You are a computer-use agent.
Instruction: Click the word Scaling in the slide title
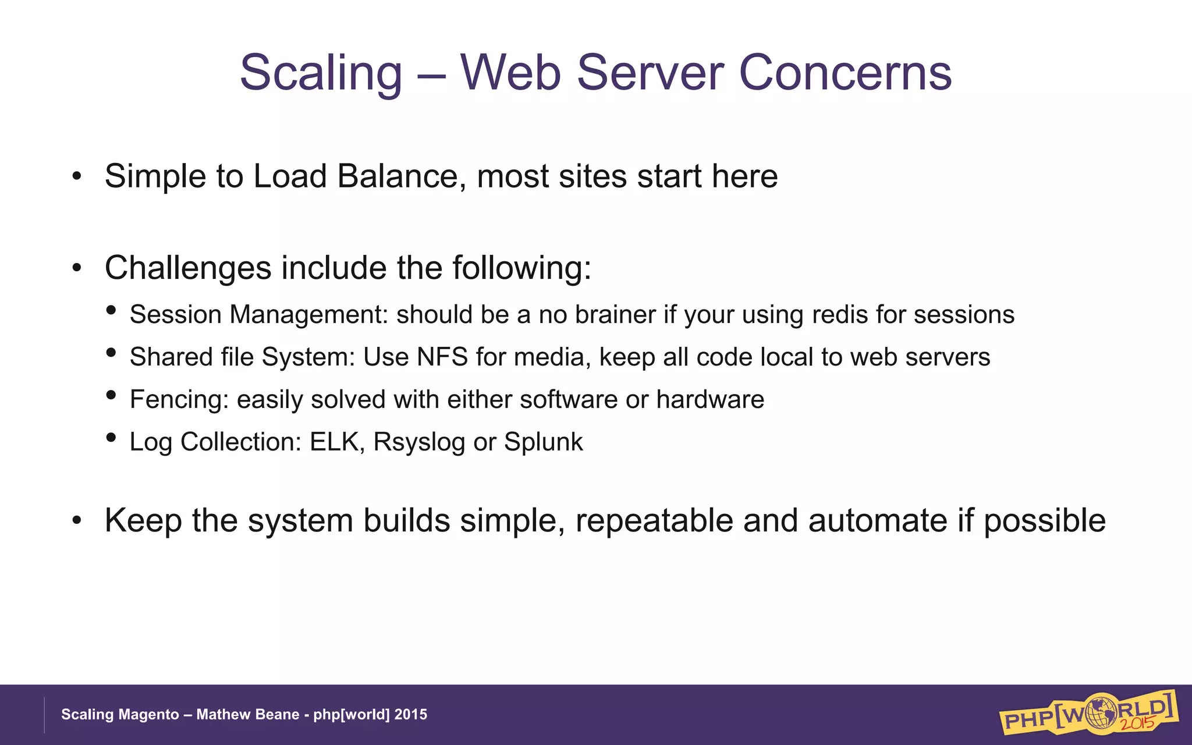click(x=321, y=73)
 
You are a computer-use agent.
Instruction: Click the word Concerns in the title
click(x=845, y=73)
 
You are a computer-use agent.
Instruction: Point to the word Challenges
click(x=188, y=268)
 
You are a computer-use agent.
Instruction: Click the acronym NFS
click(x=442, y=357)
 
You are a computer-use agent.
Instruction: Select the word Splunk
click(x=543, y=442)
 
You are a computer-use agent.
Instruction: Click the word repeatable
click(x=654, y=521)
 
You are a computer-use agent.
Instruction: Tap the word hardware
click(x=710, y=399)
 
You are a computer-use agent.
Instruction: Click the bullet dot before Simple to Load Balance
click(x=77, y=176)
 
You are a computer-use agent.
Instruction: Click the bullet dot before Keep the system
click(x=77, y=521)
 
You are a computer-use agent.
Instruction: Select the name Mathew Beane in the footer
click(x=247, y=715)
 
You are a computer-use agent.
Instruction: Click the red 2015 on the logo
click(x=1137, y=724)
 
